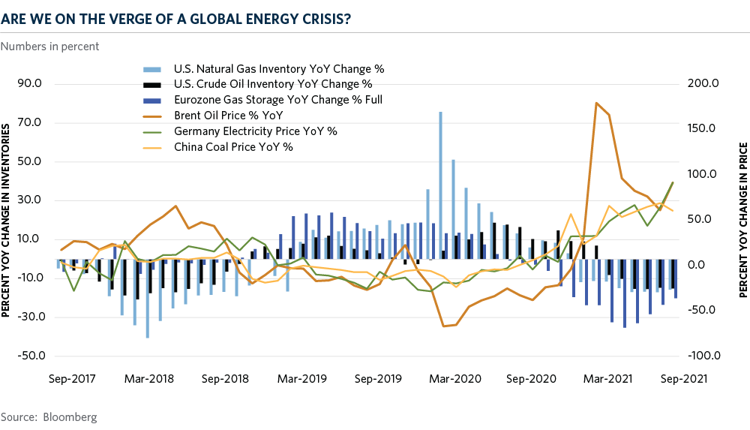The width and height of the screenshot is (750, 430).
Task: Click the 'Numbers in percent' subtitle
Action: (x=50, y=47)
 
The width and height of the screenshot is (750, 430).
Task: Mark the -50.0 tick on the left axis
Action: (x=28, y=356)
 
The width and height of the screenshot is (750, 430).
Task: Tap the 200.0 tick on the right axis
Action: (x=703, y=83)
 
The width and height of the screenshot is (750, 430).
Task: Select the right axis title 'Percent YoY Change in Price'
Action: (x=742, y=219)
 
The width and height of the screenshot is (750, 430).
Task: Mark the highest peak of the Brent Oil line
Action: (x=595, y=103)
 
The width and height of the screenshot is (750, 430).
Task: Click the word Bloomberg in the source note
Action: (x=69, y=416)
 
